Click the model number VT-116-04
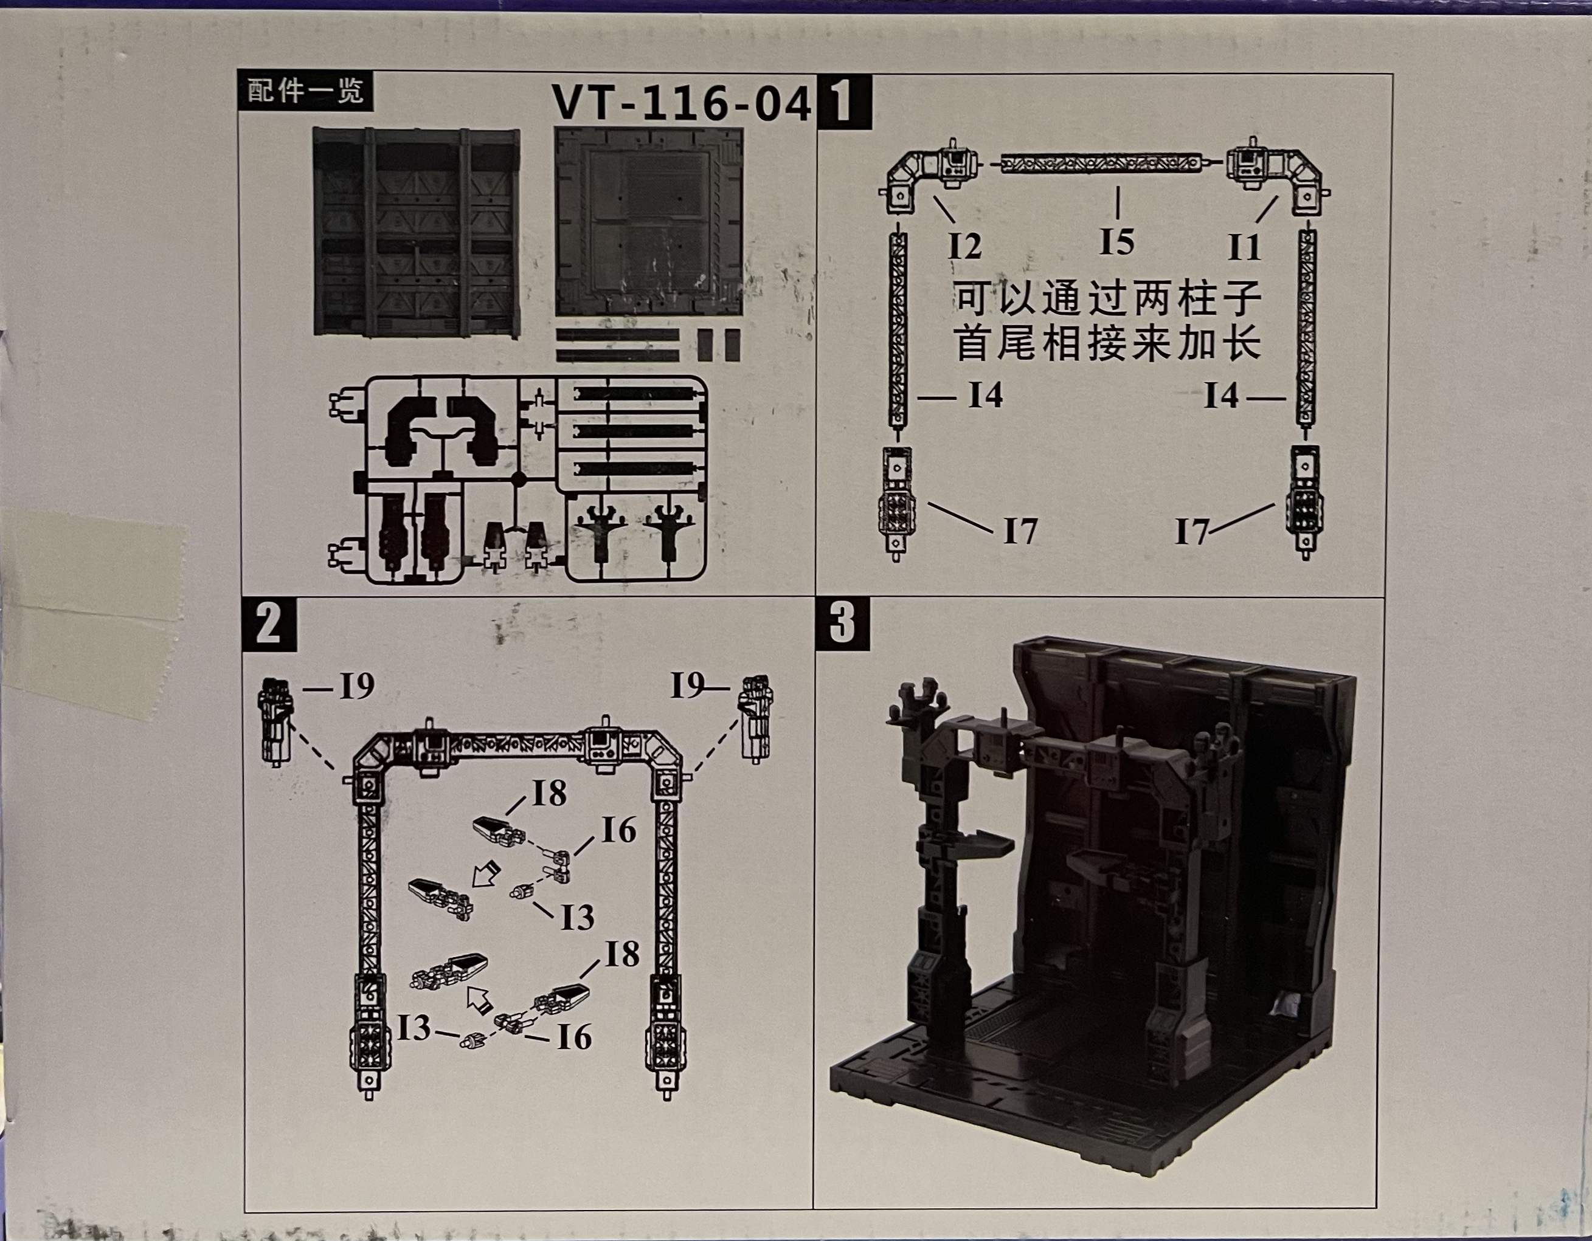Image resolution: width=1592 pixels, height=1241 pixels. coord(682,103)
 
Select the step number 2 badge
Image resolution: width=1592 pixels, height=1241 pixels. coord(269,624)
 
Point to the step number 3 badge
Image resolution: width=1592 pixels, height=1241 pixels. coord(842,624)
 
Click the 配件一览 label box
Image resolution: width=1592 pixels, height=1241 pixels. coord(305,91)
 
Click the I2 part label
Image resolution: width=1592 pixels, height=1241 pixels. coord(965,246)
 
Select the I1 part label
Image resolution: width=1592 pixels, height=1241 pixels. coord(1244,248)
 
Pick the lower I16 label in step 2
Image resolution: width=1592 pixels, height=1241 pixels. coord(573,1037)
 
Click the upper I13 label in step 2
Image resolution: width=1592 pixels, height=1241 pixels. coord(577,918)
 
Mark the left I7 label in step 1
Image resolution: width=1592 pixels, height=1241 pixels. coord(1020,531)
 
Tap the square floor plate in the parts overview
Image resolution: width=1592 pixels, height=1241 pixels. coord(649,222)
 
